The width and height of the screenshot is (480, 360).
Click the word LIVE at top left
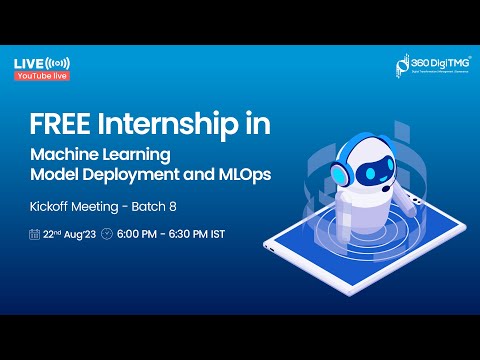click(x=27, y=63)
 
